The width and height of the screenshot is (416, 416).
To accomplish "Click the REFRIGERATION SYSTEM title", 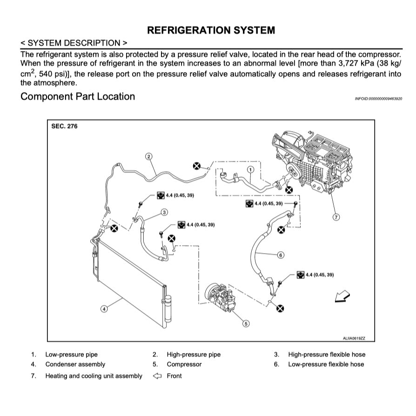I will pos(211,30).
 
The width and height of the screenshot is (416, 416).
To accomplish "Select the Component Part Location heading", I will pos(78,97).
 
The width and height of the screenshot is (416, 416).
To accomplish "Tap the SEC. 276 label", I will pos(64,127).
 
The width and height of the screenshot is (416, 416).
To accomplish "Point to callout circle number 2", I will pos(149,156).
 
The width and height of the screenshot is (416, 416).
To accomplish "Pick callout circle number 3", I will pos(164,212).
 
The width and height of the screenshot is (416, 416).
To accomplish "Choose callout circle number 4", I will pos(104,308).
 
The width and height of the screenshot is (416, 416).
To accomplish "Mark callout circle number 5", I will pos(246,323).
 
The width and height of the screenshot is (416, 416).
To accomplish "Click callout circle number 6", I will pos(281,255).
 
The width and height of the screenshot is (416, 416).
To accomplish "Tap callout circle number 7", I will pos(336,217).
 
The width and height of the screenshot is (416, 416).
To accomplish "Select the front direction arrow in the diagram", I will pos(342,295).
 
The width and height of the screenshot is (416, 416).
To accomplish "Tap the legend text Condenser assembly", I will pos(75,364).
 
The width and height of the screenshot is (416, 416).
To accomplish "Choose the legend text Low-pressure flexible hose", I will pos(326,364).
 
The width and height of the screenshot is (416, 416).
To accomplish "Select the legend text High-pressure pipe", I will pos(194,355).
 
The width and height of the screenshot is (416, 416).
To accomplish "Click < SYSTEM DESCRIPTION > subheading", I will pos(74,43).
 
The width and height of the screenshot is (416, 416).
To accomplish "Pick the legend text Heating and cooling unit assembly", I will pos(94,376).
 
